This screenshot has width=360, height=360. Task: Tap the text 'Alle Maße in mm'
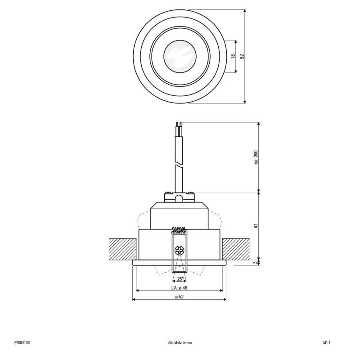(180, 342)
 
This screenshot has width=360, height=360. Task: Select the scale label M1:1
(327, 342)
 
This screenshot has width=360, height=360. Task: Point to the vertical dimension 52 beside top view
(242, 56)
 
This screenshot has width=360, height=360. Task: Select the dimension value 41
(256, 226)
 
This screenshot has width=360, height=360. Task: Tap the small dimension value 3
(256, 262)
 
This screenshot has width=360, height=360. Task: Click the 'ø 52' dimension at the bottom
(180, 297)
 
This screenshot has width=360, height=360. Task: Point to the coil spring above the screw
(180, 231)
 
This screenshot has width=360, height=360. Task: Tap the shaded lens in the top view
(180, 56)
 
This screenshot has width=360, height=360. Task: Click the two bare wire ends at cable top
(179, 125)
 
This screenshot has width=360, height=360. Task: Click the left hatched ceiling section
(122, 248)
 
